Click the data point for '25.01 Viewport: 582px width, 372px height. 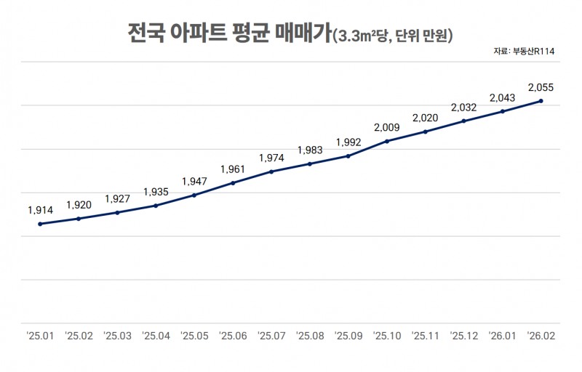(x=40, y=224)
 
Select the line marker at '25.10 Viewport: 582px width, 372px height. (x=387, y=141)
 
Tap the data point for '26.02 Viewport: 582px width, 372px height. (x=541, y=101)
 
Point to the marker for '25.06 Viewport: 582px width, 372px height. (x=233, y=182)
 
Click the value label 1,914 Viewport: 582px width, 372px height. (x=40, y=210)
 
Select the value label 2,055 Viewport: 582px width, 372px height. (x=541, y=87)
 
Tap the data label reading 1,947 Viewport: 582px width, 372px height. (x=194, y=181)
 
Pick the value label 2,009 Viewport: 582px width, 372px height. (x=387, y=127)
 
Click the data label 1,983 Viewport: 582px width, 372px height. (x=310, y=150)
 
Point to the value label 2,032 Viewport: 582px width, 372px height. (x=464, y=108)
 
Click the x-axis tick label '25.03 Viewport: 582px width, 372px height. (x=117, y=336)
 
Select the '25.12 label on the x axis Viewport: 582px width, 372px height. (x=464, y=336)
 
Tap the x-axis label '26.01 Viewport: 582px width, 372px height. (x=503, y=336)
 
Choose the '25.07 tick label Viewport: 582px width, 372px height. (x=271, y=336)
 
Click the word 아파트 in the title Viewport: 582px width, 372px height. (x=202, y=33)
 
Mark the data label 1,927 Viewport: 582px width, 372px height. (x=117, y=198)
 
